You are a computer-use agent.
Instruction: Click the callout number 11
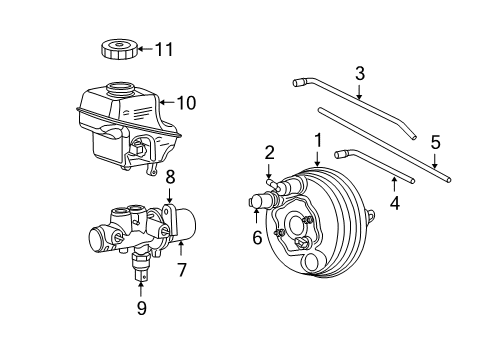click(162, 47)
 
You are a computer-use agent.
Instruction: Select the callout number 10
click(188, 101)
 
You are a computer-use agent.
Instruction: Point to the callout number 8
click(170, 176)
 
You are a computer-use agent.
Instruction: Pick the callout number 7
click(181, 270)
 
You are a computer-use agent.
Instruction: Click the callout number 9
click(141, 308)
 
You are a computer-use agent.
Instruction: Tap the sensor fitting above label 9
click(140, 264)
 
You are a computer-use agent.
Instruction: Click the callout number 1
click(317, 141)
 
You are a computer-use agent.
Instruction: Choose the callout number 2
click(269, 152)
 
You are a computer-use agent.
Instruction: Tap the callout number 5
click(435, 141)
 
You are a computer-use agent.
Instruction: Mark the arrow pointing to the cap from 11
click(144, 47)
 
